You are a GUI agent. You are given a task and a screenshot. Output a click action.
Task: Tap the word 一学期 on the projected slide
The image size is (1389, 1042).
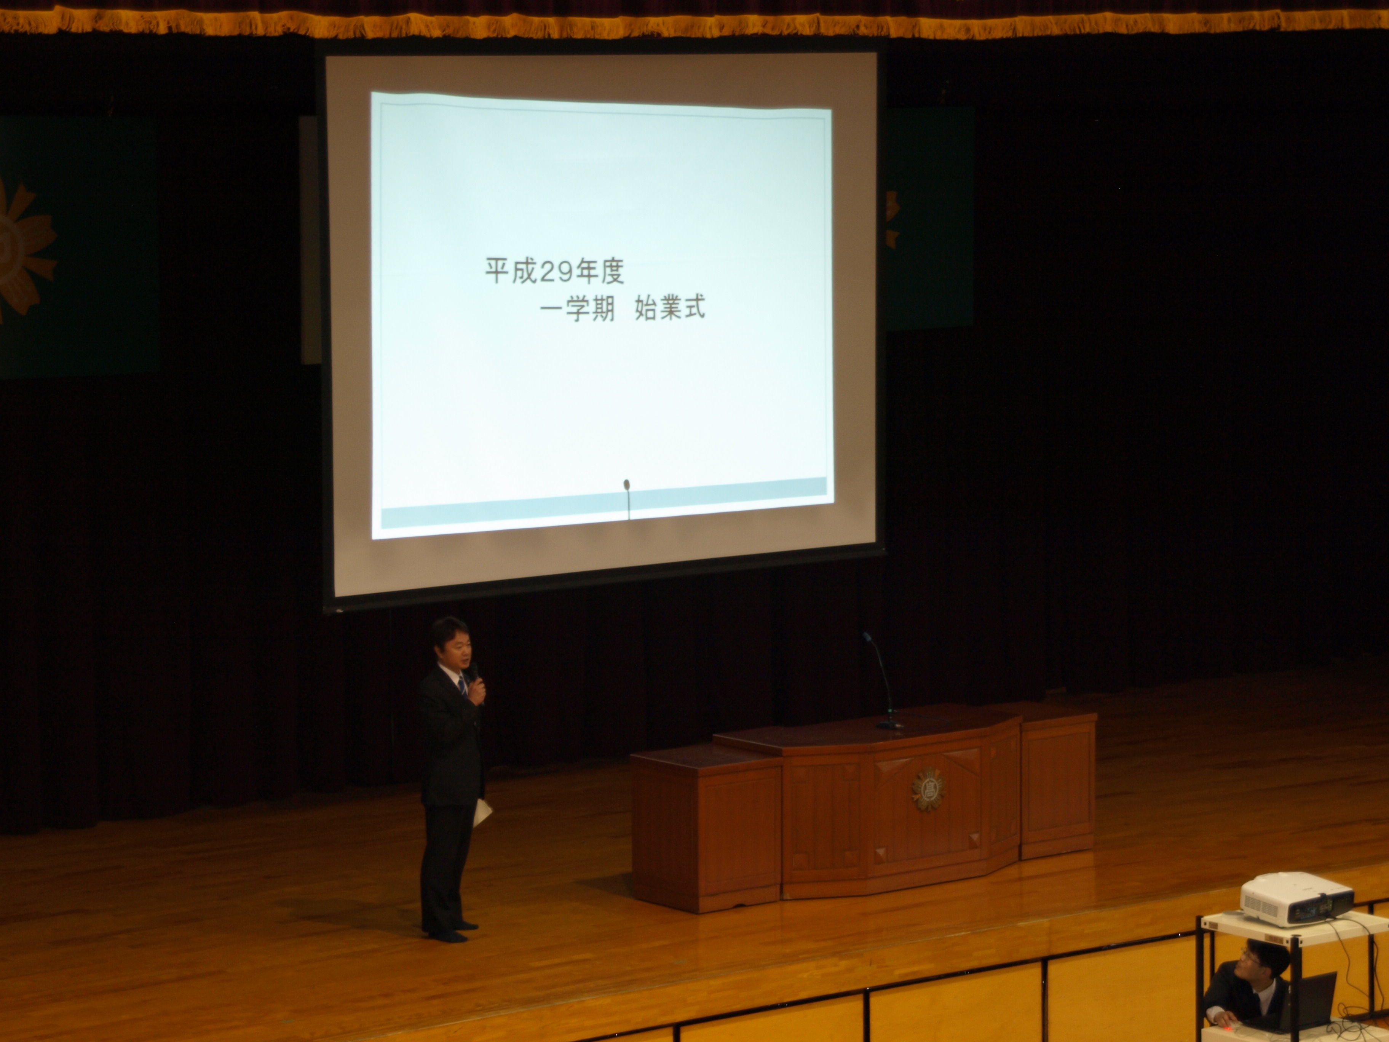[577, 308]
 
